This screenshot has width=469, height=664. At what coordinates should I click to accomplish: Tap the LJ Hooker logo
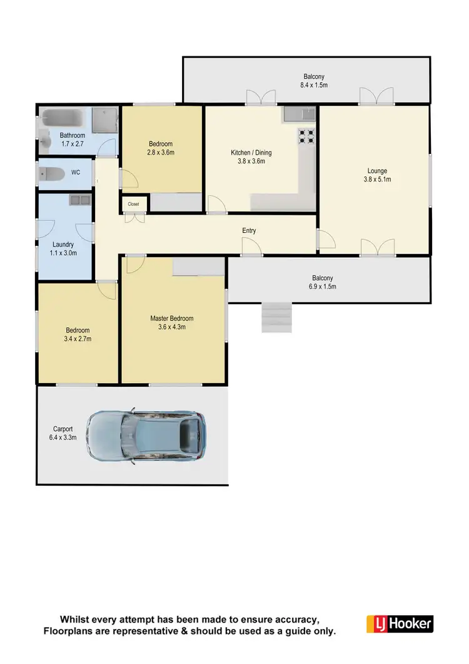pyautogui.click(x=399, y=623)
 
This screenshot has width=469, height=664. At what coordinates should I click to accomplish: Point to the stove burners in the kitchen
pyautogui.click(x=306, y=136)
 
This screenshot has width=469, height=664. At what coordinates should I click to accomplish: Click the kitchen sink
pyautogui.click(x=301, y=113)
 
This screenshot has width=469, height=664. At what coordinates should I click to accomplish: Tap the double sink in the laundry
pyautogui.click(x=80, y=201)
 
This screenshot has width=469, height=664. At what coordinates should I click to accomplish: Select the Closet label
pyautogui.click(x=134, y=204)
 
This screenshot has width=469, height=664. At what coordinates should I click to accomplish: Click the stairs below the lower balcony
pyautogui.click(x=277, y=317)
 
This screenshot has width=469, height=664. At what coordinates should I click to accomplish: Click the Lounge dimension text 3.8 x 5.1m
pyautogui.click(x=377, y=179)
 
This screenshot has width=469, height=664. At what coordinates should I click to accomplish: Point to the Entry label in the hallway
pyautogui.click(x=249, y=231)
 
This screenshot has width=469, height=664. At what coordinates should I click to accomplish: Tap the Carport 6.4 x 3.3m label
pyautogui.click(x=63, y=433)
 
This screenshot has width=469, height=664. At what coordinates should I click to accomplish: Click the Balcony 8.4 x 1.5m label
pyautogui.click(x=306, y=81)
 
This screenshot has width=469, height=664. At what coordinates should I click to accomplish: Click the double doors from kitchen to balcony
pyautogui.click(x=260, y=98)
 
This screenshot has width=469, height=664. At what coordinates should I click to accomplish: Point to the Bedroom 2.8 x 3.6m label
pyautogui.click(x=161, y=148)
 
